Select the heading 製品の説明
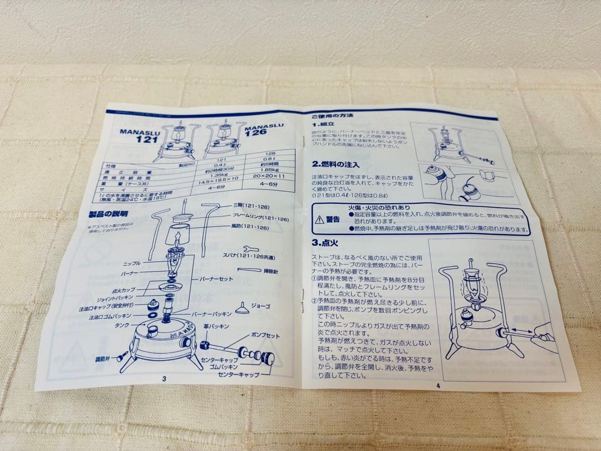(x=108, y=213)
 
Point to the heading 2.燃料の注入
(x=336, y=164)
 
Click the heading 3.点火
(x=326, y=243)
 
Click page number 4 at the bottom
(x=438, y=385)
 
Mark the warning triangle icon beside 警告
(x=319, y=219)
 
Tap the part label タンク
(x=122, y=326)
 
